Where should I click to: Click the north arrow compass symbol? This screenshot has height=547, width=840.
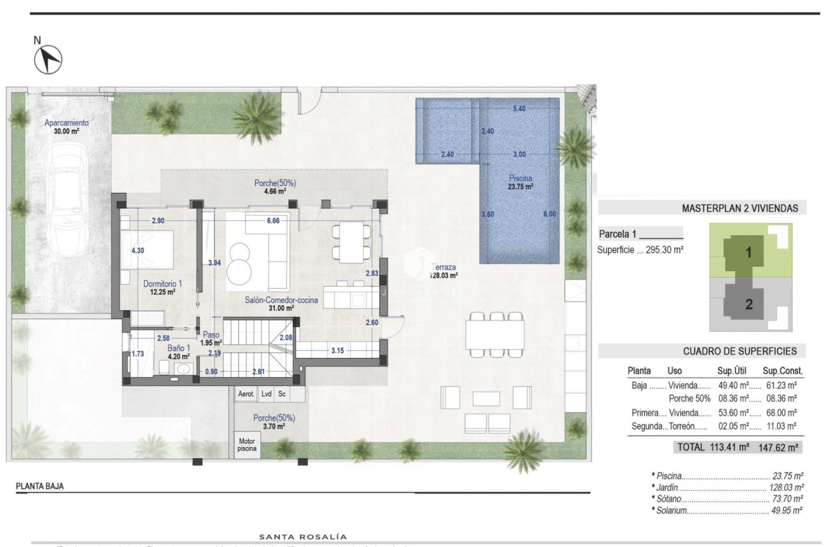click(x=48, y=60)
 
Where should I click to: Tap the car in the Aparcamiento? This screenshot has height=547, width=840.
click(x=71, y=199)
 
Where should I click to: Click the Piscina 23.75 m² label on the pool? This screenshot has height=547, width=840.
click(x=520, y=182)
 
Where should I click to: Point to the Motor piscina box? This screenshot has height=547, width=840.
click(x=246, y=444)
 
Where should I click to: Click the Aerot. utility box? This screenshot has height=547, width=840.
click(x=246, y=394)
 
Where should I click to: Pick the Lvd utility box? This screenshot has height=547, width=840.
click(x=267, y=394)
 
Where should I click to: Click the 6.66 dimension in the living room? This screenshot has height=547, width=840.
click(x=273, y=220)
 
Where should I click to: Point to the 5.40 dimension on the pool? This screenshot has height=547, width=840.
click(x=519, y=109)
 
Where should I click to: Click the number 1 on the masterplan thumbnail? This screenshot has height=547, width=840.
click(x=749, y=253)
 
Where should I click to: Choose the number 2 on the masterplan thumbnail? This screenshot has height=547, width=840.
click(x=749, y=304)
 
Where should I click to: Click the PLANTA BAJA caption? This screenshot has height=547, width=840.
click(x=40, y=486)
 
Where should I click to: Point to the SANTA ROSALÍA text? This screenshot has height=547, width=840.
click(x=302, y=537)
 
